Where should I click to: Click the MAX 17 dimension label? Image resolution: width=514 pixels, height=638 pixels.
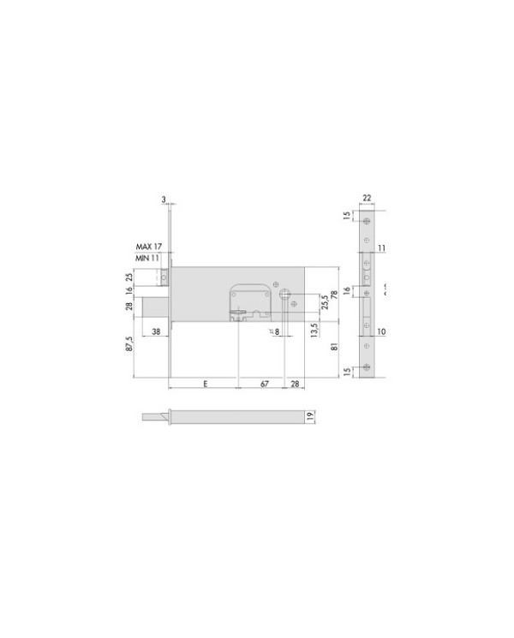point(150,246)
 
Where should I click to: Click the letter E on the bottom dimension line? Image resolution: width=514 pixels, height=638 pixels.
point(205,384)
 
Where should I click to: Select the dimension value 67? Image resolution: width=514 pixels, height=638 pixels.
point(265,384)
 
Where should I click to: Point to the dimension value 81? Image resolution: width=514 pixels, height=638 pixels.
point(333,348)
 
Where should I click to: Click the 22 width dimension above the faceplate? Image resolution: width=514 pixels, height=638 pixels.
point(368,199)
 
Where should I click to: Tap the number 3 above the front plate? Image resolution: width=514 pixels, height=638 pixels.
point(163,200)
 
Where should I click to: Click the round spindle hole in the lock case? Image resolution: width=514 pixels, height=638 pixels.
point(284,295)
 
